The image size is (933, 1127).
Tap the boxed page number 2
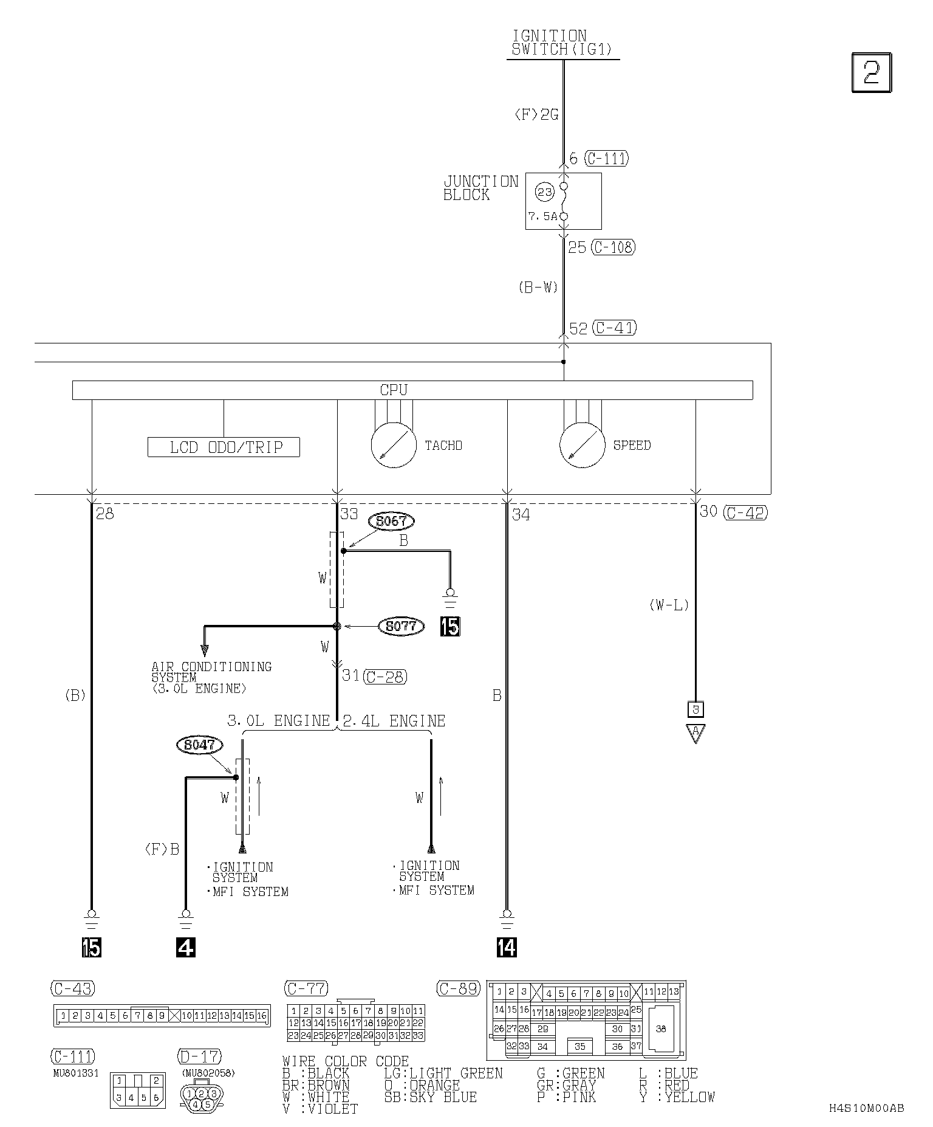[x=872, y=73]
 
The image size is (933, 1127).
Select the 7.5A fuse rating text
[x=542, y=216]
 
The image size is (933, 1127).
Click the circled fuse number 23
[x=544, y=192]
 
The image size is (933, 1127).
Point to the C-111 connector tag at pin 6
[x=606, y=159]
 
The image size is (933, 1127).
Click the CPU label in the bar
[x=394, y=390]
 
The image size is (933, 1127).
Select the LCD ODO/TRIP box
[x=224, y=447]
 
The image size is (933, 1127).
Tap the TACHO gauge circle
[x=394, y=445]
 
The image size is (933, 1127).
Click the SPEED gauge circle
[x=583, y=445]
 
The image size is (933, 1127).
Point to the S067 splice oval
[x=391, y=521]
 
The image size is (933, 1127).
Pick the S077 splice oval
[x=401, y=626]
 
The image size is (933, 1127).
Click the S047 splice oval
[x=199, y=745]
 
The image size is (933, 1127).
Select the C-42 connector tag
[x=746, y=512]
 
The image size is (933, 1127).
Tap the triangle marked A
[x=695, y=732]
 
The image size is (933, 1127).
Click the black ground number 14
[x=507, y=947]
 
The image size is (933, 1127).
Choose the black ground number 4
[x=186, y=947]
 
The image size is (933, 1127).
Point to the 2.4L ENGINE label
[x=394, y=721]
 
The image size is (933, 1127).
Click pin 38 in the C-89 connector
[x=661, y=1029]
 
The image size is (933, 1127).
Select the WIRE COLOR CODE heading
[x=345, y=1061]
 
